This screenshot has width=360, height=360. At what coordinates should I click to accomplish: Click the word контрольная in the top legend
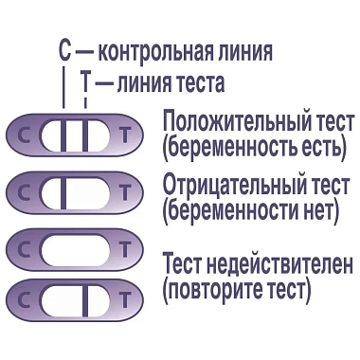[x=155, y=51]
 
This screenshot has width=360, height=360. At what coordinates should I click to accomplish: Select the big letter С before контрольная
[x=64, y=51]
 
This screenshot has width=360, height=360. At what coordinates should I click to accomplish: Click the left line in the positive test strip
[x=64, y=135]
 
